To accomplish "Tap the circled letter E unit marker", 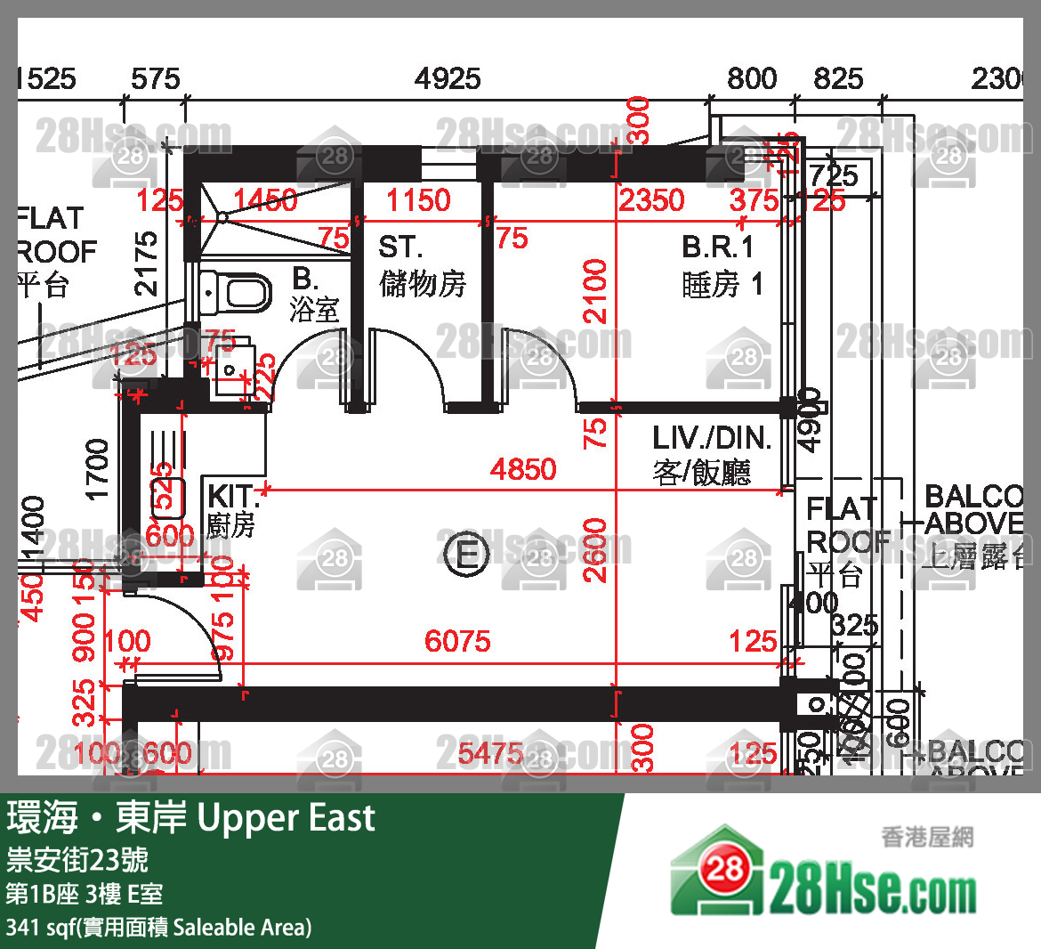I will pos(466,555).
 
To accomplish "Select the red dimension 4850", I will pos(523,469).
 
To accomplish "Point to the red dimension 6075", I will pos(457,641).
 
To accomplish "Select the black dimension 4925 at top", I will pos(448,78).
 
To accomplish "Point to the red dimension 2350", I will pos(652,200).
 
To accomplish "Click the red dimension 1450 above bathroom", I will pos(265,200).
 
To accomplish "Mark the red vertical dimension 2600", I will pos(594,550).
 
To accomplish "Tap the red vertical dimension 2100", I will pos(594,291).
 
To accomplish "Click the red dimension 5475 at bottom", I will pos(490,754).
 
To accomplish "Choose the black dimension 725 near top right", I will pos(834,175).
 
